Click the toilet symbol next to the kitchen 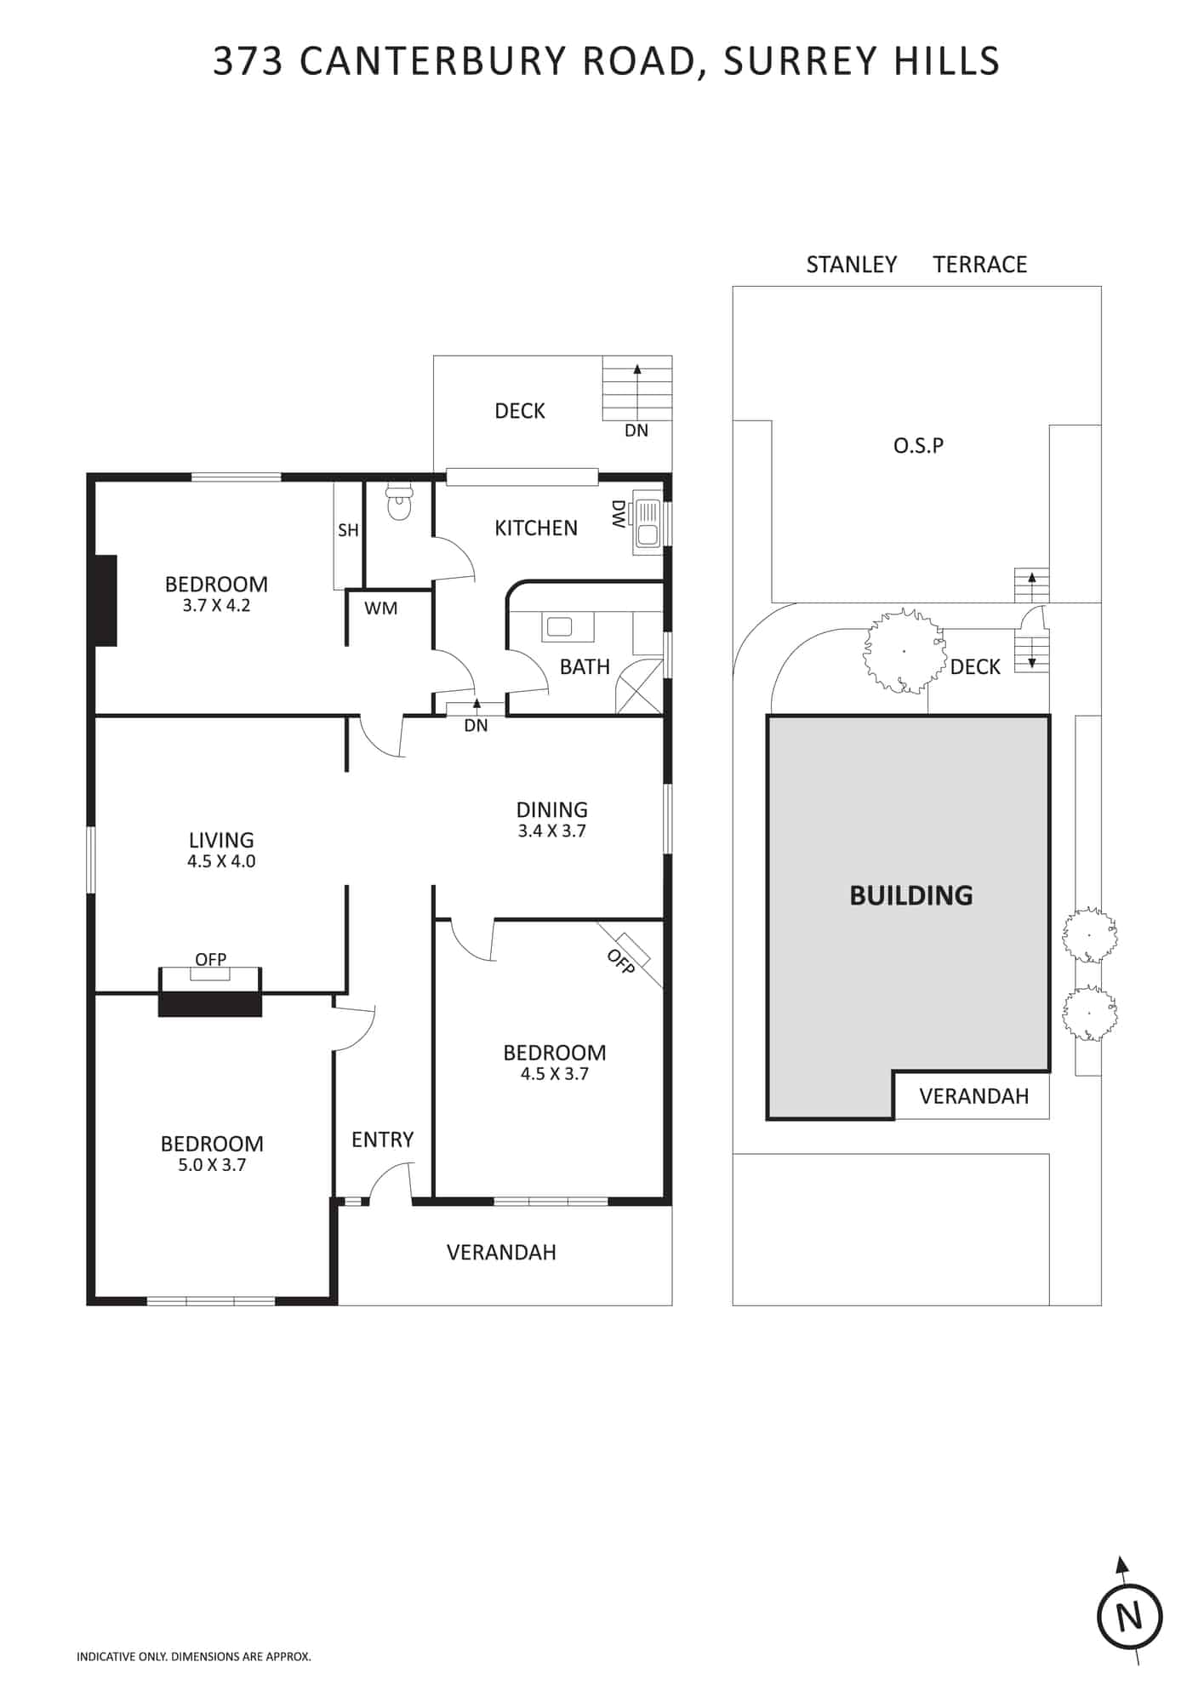click(398, 503)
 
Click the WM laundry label click(380, 608)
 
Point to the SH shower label click(348, 530)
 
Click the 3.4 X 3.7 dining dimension click(552, 831)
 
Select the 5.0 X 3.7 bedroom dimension click(212, 1165)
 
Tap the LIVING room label click(221, 841)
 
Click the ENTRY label click(382, 1139)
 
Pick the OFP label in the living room click(211, 960)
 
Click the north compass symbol click(1129, 1615)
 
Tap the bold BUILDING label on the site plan click(911, 895)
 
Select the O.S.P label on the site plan click(918, 445)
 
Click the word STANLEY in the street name click(852, 265)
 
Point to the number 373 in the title click(248, 61)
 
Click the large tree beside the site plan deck click(904, 652)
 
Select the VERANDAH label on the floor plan click(501, 1252)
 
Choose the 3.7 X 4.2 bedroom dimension click(216, 606)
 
